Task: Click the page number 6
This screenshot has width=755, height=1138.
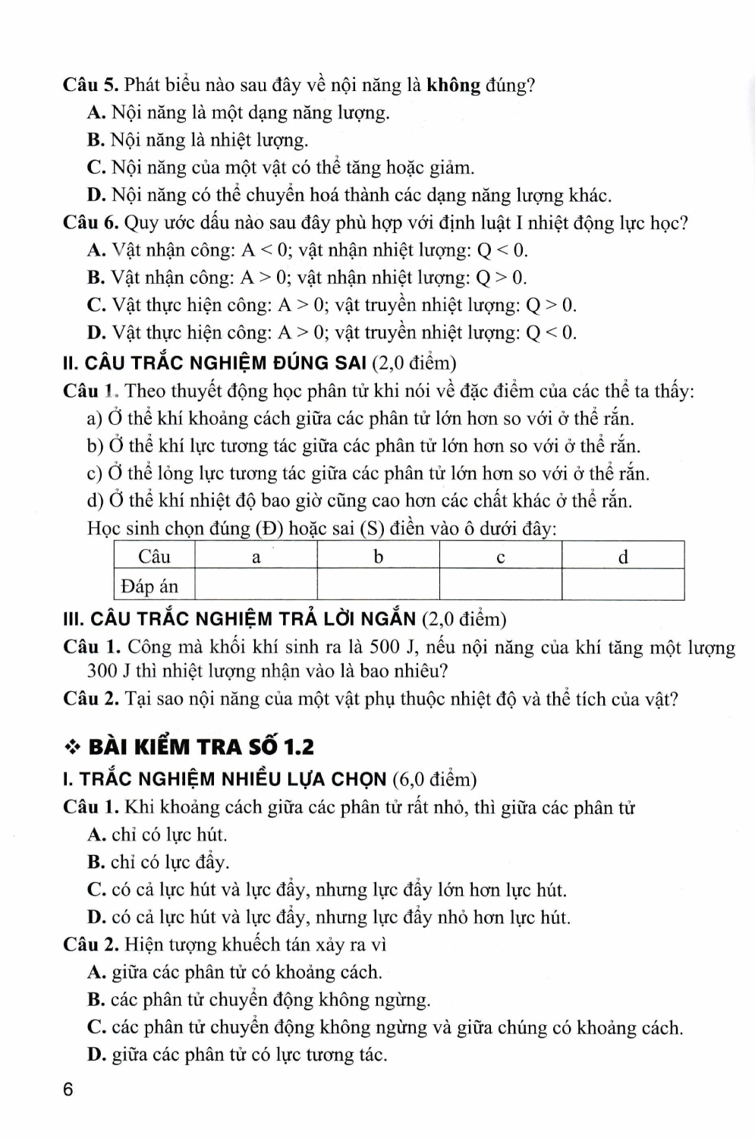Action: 68,1090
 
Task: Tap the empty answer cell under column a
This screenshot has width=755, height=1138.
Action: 256,586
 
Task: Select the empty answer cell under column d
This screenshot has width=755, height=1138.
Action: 623,586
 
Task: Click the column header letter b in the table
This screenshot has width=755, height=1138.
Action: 378,557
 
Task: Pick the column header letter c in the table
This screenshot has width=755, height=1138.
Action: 500,557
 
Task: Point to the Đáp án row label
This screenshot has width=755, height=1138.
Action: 149,586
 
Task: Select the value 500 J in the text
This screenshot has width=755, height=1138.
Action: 391,647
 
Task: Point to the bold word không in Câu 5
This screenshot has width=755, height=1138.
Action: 454,85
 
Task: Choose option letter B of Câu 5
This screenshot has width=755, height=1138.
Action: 96,140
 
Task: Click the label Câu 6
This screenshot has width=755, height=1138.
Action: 90,223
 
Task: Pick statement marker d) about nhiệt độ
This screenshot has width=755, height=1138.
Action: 95,501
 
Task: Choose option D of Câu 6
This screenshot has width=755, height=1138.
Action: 96,332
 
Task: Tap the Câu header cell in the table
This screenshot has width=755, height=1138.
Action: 154,557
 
